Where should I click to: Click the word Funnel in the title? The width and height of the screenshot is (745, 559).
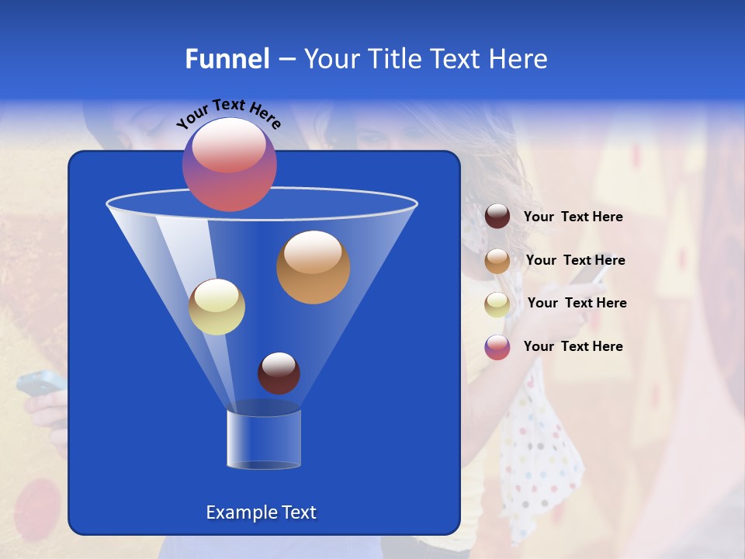227,59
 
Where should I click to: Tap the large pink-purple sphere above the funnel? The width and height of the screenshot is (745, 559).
230,164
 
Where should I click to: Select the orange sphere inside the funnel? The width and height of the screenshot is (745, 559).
313,266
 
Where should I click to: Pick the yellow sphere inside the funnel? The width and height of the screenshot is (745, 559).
217,307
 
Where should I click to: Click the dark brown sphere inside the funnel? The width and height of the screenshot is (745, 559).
279,373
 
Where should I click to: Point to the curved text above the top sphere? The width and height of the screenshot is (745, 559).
228,113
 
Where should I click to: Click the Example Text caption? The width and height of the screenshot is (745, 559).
261,512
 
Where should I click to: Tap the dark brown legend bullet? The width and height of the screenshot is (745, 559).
497,217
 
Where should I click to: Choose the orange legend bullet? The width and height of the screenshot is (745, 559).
497,261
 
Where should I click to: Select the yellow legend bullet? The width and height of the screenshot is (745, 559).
497,304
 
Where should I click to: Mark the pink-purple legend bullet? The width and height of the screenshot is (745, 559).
497,347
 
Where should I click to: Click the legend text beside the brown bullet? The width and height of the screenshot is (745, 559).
573,217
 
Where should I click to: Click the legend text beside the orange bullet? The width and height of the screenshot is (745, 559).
575,261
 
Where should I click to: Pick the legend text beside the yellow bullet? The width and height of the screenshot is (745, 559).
577,304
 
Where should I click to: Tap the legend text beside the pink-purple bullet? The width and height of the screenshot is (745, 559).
573,346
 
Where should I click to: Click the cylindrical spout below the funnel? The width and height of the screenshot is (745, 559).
264,439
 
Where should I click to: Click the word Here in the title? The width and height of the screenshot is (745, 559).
519,59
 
